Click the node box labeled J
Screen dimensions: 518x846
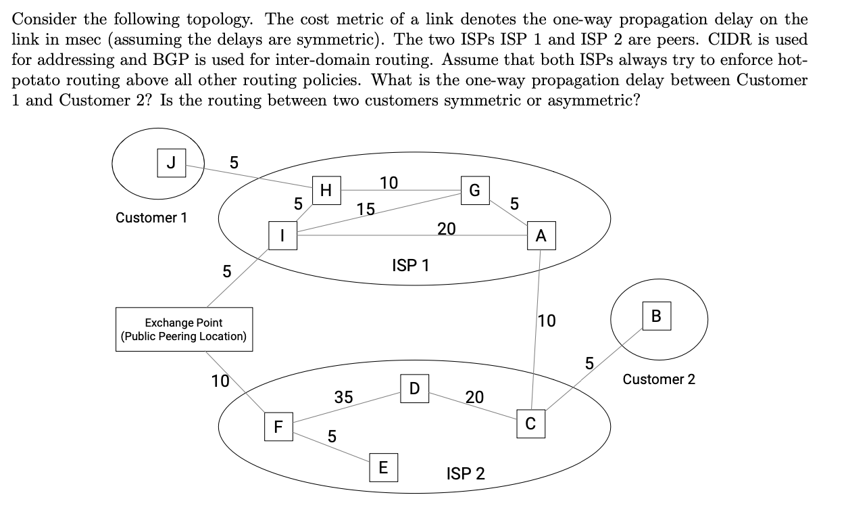(x=171, y=163)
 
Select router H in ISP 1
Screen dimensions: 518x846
(x=326, y=191)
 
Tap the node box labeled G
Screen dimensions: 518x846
(x=474, y=190)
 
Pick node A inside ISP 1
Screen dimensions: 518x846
(x=541, y=236)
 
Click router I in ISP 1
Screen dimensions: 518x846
(x=282, y=236)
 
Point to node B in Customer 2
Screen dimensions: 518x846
(x=656, y=316)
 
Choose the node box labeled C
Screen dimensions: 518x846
(x=530, y=424)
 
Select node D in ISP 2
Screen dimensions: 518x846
(x=414, y=387)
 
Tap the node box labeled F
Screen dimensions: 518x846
(x=278, y=427)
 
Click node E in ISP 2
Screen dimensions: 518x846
(x=383, y=467)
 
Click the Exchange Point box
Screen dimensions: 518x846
(x=184, y=329)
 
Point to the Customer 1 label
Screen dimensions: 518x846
(x=151, y=218)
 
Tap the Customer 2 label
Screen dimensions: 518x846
(x=658, y=379)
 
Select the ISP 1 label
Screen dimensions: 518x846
(x=410, y=266)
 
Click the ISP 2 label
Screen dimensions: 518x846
(x=466, y=473)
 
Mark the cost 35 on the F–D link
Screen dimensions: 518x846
(x=343, y=397)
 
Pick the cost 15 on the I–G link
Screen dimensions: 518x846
(x=366, y=210)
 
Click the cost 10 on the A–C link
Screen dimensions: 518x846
(x=547, y=321)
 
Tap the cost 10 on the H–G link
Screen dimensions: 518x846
(x=389, y=183)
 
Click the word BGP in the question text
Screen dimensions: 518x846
(x=154, y=59)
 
